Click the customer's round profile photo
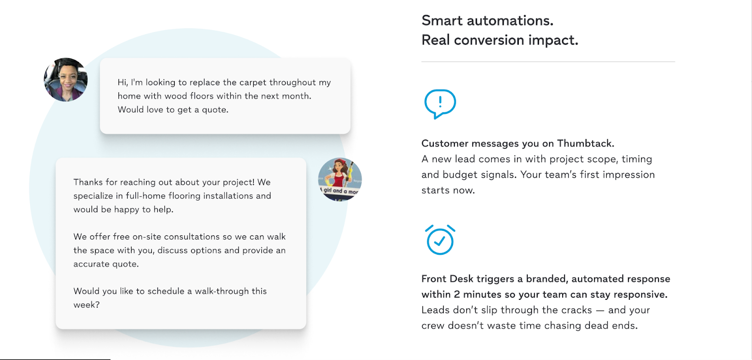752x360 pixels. [x=66, y=79]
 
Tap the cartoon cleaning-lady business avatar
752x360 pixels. [x=340, y=180]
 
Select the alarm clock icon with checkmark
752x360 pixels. [x=440, y=240]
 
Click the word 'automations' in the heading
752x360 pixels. [x=510, y=21]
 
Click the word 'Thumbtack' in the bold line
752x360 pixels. [x=586, y=143]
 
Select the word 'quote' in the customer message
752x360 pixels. [x=215, y=110]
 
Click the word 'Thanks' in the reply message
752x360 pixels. [x=88, y=182]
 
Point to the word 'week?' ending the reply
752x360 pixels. [x=86, y=305]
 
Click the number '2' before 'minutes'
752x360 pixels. [x=457, y=295]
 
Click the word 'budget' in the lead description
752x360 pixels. [x=457, y=175]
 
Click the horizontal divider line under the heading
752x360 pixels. [x=548, y=62]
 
